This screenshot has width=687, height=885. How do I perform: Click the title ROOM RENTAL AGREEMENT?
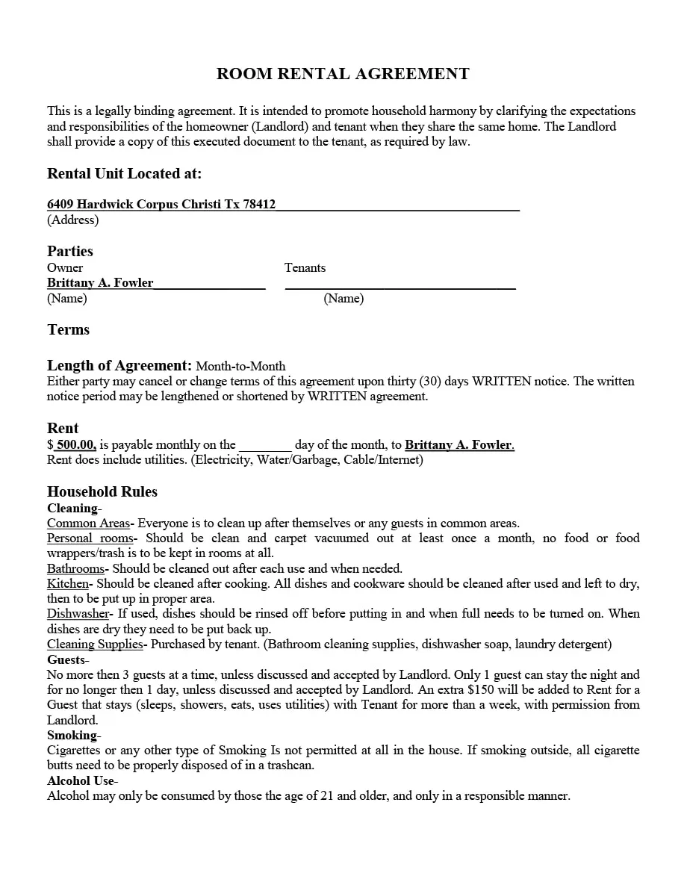pyautogui.click(x=343, y=74)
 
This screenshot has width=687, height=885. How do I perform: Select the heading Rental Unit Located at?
pyautogui.click(x=124, y=173)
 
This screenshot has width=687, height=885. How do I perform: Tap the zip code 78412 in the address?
pyautogui.click(x=259, y=205)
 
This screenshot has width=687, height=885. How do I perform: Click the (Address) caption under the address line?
pyautogui.click(x=72, y=220)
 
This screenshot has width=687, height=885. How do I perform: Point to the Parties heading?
pyautogui.click(x=70, y=251)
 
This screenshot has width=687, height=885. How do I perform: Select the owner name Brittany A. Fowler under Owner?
pyautogui.click(x=100, y=283)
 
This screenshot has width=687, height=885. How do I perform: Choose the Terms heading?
pyautogui.click(x=68, y=330)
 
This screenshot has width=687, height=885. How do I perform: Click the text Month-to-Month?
pyautogui.click(x=240, y=366)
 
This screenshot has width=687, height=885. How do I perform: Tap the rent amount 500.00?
pyautogui.click(x=75, y=445)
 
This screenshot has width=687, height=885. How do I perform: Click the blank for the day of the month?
pyautogui.click(x=265, y=445)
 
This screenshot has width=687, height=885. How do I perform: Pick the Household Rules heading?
pyautogui.click(x=102, y=491)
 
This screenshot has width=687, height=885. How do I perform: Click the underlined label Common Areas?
pyautogui.click(x=88, y=524)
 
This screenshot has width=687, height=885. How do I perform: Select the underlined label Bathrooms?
pyautogui.click(x=75, y=569)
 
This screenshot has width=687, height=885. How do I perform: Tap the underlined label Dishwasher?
pyautogui.click(x=78, y=614)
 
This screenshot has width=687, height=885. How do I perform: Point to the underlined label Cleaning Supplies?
pyautogui.click(x=94, y=645)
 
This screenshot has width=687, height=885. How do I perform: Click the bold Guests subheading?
pyautogui.click(x=66, y=660)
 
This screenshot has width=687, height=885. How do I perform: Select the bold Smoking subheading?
pyautogui.click(x=72, y=736)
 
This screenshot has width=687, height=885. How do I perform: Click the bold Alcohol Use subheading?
pyautogui.click(x=81, y=781)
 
